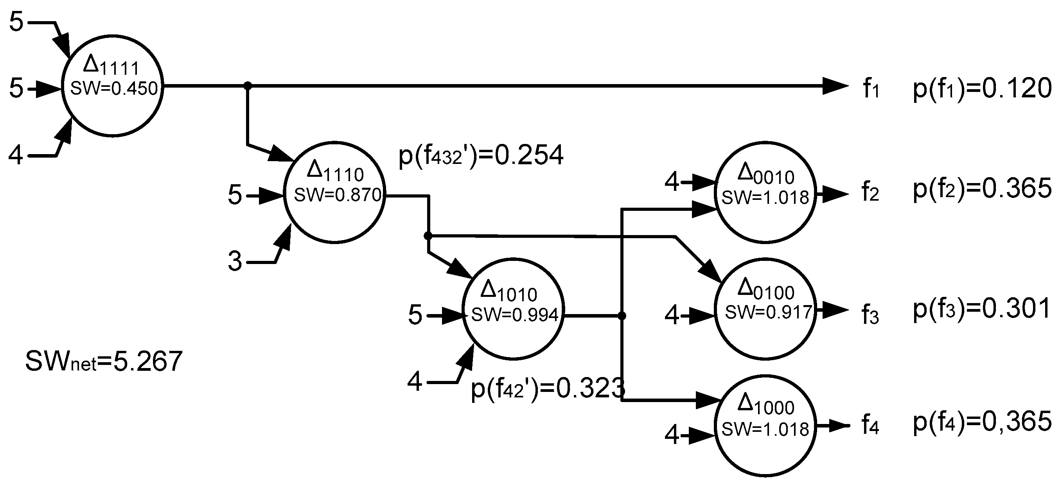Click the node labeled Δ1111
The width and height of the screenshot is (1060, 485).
(112, 86)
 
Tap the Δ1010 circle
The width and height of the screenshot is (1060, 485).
(513, 309)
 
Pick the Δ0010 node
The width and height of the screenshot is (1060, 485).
(765, 192)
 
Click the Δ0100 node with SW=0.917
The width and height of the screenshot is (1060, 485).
(765, 309)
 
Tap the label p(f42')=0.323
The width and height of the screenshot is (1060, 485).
(547, 388)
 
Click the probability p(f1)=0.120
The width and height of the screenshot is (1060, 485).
(982, 89)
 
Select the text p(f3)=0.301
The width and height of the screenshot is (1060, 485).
(982, 309)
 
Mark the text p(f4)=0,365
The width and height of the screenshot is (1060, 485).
(982, 422)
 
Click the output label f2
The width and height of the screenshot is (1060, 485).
(870, 192)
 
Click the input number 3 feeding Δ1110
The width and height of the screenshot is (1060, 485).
(235, 261)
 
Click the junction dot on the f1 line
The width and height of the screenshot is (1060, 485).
(247, 86)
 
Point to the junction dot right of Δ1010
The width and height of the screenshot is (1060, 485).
(622, 316)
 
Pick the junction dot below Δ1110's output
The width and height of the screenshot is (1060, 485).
(428, 236)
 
